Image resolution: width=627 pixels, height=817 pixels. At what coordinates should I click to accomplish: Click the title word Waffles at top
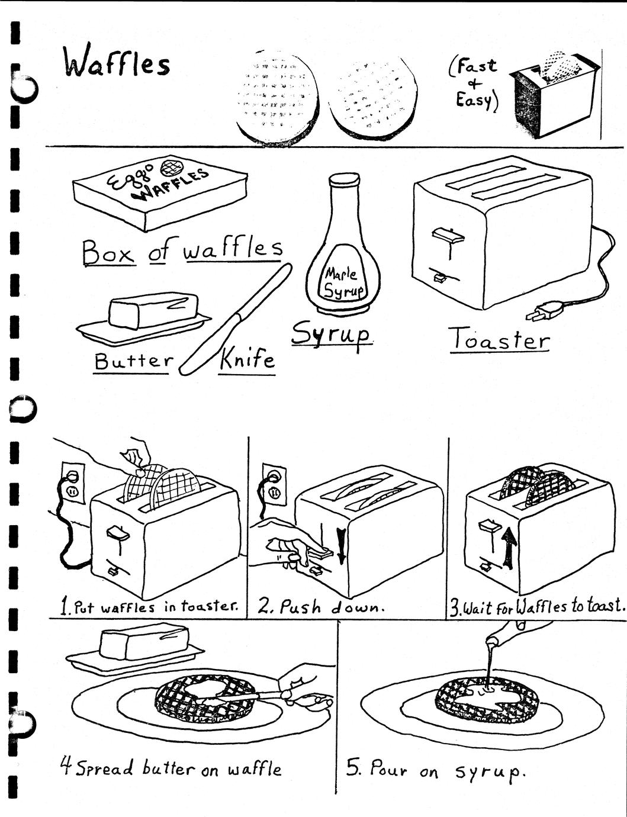click(116, 62)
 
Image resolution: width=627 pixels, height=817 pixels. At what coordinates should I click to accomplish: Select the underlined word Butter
click(134, 361)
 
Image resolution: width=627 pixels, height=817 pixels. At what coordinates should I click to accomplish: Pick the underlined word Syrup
click(332, 335)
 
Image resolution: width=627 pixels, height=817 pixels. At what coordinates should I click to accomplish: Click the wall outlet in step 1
click(73, 482)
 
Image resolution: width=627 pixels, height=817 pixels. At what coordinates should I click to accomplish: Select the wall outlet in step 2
click(274, 484)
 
